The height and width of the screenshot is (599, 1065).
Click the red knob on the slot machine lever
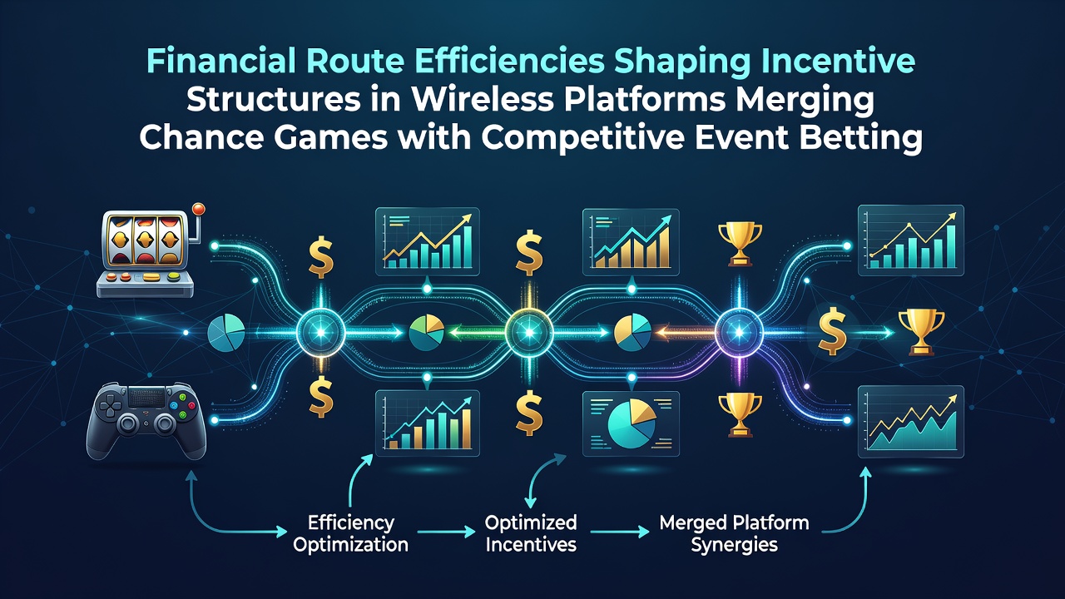coord(198,209)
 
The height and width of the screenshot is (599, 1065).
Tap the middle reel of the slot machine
coord(145,240)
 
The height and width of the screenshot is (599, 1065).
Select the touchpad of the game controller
coord(146,397)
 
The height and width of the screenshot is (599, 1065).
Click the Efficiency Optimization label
coord(351,533)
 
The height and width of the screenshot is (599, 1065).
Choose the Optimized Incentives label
coord(531,533)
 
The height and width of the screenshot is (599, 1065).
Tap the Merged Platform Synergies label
coord(734,533)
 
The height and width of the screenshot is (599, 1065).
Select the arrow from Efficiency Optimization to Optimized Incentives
coord(446,532)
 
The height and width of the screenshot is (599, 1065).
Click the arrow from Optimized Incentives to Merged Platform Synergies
coord(620,532)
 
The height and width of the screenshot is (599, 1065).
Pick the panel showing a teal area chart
coord(910,422)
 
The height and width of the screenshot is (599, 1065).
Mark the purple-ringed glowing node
coord(739,332)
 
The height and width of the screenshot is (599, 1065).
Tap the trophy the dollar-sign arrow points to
coord(921,332)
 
